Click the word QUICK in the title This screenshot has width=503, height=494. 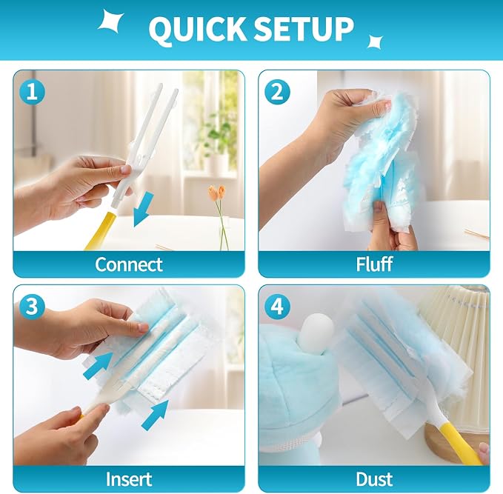pos(197,29)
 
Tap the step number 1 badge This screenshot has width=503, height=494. pos(32,92)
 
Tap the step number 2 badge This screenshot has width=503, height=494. pos(277,92)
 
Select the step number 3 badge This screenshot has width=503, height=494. pos(32,307)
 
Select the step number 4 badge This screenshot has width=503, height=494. pos(277,307)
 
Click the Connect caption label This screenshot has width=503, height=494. pos(129,264)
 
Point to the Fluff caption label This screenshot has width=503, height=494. pos(374,264)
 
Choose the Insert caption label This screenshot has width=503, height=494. pos(129,479)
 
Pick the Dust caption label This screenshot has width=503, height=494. pos(374,479)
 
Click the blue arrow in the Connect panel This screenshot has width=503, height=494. pos(143,210)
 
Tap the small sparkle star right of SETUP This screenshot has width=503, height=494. pos(375,41)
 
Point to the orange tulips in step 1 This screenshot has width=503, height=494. pos(216,193)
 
